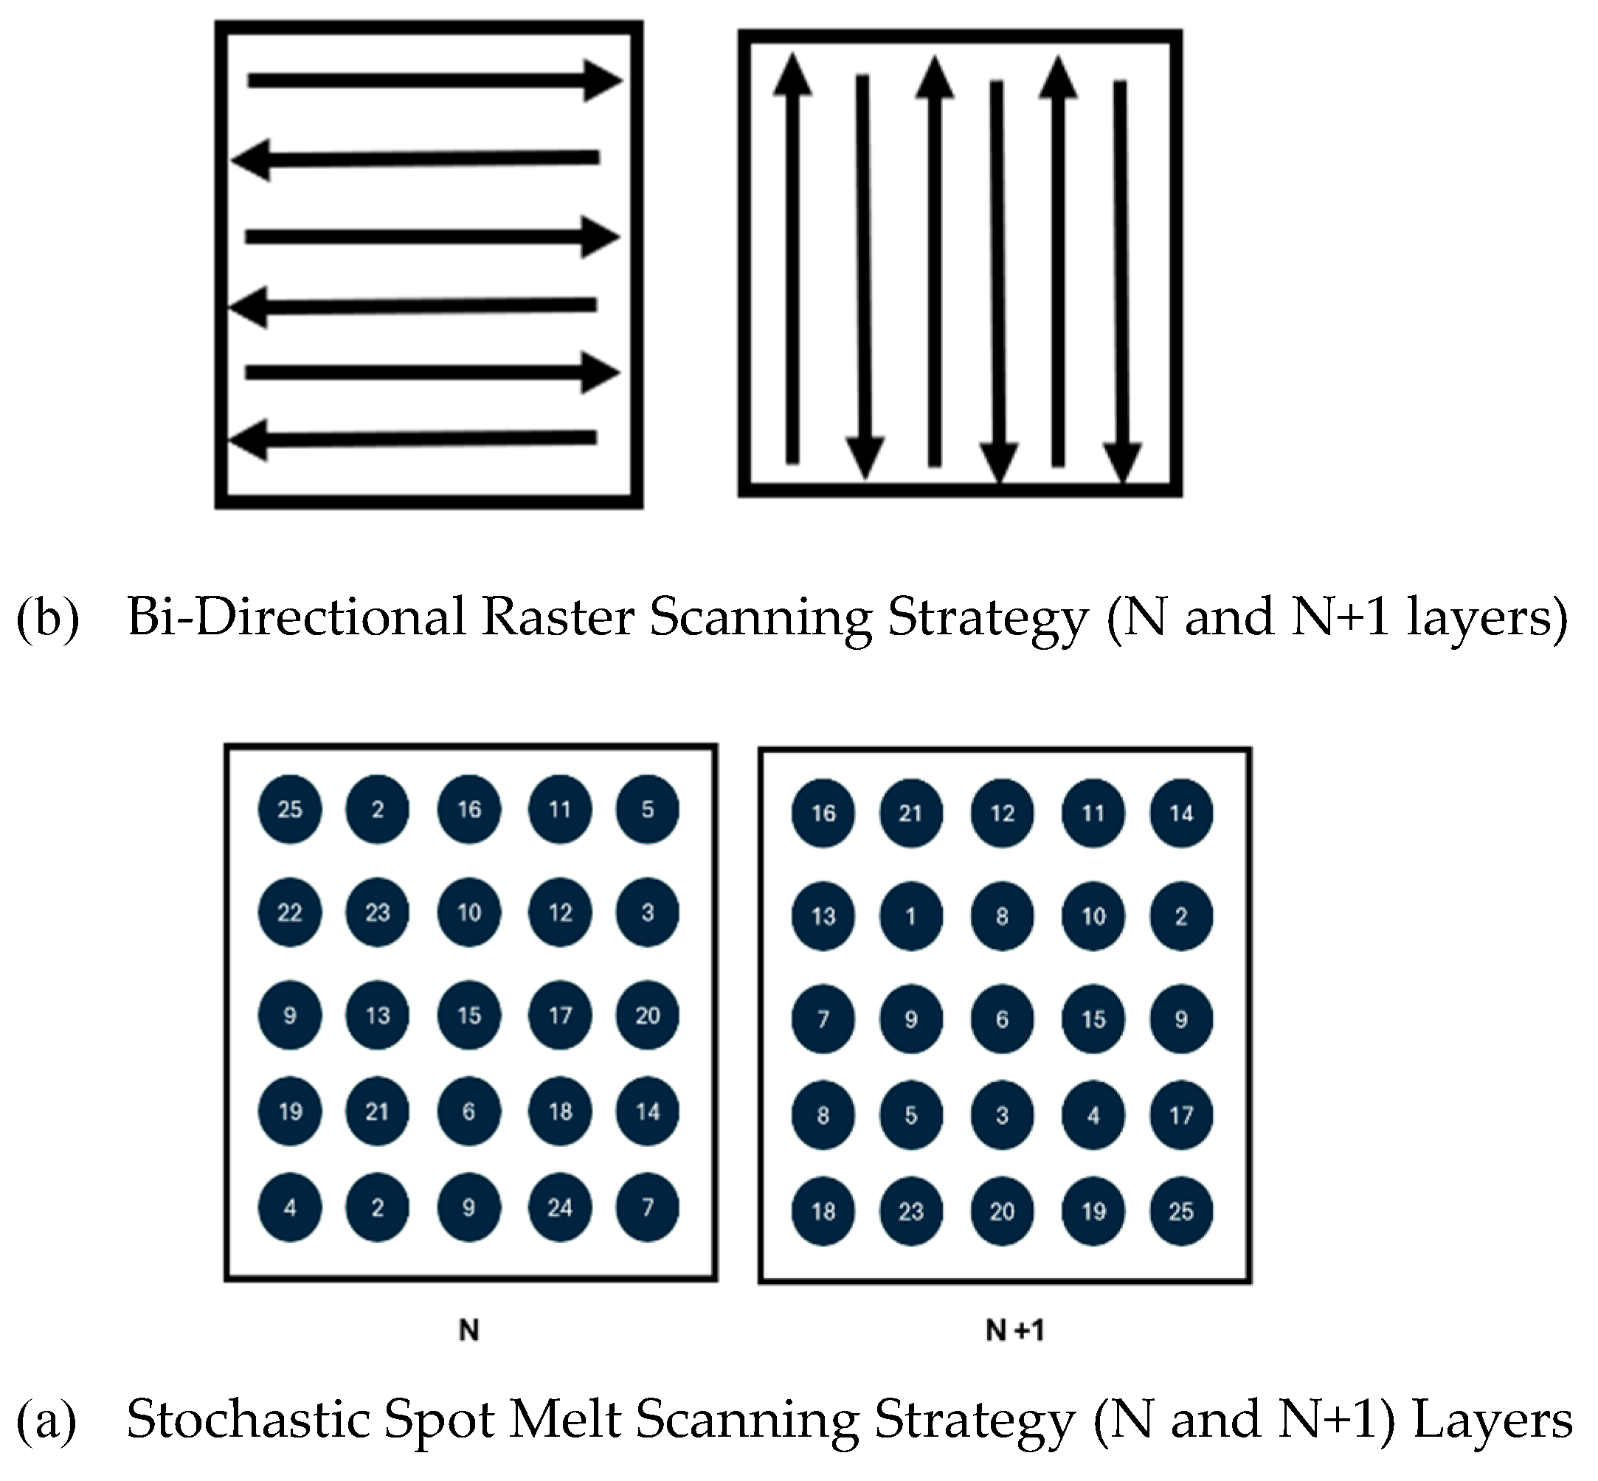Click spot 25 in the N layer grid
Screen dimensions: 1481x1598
289,809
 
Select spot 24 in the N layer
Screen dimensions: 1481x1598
560,1207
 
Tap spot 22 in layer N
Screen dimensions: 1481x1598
289,912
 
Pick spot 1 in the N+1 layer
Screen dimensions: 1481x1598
911,916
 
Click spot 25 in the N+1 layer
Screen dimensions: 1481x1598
1181,1211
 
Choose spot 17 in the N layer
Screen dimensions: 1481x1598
560,1016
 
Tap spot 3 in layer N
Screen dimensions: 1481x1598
647,912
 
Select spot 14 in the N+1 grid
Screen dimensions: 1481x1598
1181,814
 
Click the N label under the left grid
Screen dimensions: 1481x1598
469,1331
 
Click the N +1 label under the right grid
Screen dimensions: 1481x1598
1014,1331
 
